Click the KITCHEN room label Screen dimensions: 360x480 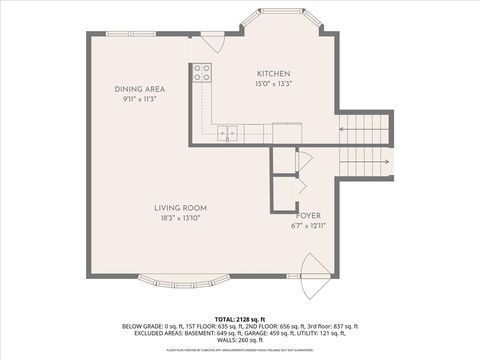pyautogui.click(x=272, y=74)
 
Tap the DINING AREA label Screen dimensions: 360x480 pyautogui.click(x=139, y=89)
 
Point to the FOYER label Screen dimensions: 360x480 pyautogui.click(x=309, y=215)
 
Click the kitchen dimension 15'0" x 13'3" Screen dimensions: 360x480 pyautogui.click(x=272, y=84)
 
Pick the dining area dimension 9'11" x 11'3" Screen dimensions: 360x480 pyautogui.click(x=139, y=99)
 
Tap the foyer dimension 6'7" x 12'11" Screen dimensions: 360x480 pyautogui.click(x=309, y=225)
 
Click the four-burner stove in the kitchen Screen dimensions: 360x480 pyautogui.click(x=202, y=72)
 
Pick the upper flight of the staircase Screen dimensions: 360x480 pyautogui.click(x=365, y=129)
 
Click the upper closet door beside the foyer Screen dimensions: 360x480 pyautogui.click(x=303, y=161)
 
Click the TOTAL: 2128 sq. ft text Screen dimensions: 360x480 pyautogui.click(x=239, y=316)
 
